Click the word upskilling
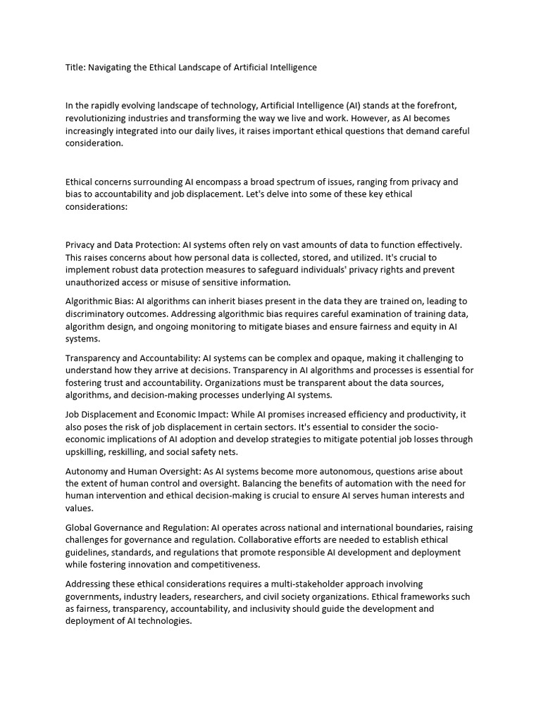[x=89, y=452]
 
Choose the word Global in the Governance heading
[x=79, y=528]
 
